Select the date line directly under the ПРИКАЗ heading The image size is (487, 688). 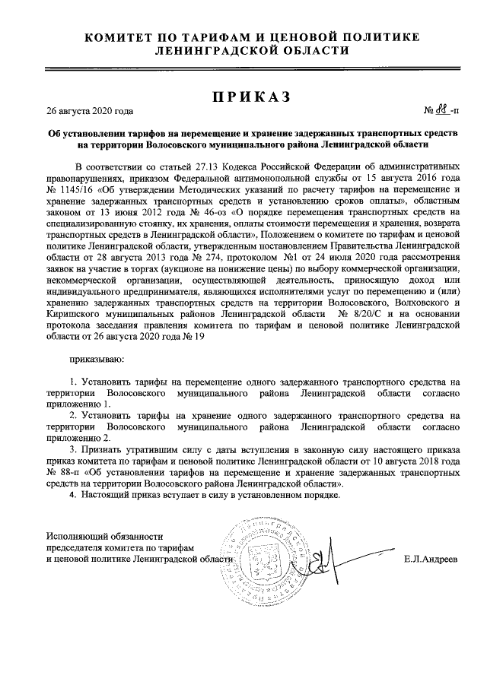point(90,111)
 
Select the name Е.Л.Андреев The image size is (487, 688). point(431,560)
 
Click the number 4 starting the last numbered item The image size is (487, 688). point(72,493)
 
